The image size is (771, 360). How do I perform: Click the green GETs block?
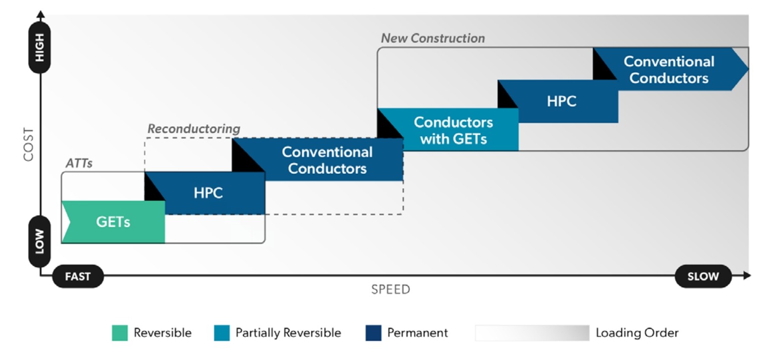113,222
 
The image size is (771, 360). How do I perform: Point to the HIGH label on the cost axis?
40,48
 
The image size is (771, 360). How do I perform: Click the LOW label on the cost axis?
40,241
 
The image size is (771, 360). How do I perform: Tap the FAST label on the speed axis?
78,276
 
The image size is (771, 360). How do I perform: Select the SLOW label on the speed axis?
703,276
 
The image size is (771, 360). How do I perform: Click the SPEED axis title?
390,290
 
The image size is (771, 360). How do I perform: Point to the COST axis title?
28,145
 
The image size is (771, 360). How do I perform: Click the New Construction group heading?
433,38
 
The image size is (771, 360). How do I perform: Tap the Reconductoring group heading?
194,129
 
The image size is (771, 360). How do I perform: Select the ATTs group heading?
79,163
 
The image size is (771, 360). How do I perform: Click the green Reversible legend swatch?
120,333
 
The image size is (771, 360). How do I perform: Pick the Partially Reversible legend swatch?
221,333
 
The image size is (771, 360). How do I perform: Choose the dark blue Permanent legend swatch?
374,333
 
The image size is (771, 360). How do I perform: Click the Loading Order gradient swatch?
532,333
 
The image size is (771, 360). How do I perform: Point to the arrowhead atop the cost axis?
41,14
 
